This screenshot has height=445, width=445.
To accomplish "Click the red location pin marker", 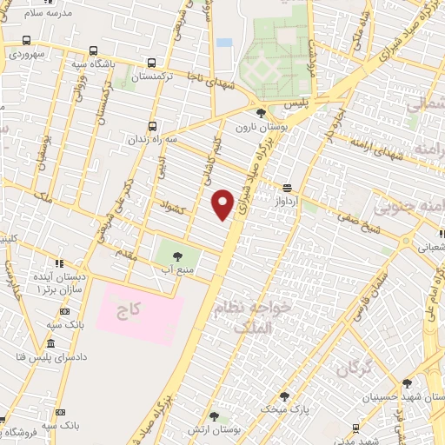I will click(x=223, y=205).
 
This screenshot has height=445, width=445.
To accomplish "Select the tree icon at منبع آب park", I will click(x=178, y=256).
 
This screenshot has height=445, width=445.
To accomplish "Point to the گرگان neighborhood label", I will click(x=353, y=369).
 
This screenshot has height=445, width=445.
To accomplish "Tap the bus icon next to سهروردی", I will click(x=27, y=40).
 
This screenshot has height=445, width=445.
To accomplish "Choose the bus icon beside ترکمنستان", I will click(x=153, y=63).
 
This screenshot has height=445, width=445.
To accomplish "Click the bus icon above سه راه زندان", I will click(x=154, y=126).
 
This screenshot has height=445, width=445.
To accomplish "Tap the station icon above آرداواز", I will click(x=287, y=186).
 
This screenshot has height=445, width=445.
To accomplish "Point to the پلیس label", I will click(x=296, y=103).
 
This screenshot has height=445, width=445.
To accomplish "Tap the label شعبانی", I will click(x=435, y=247).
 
